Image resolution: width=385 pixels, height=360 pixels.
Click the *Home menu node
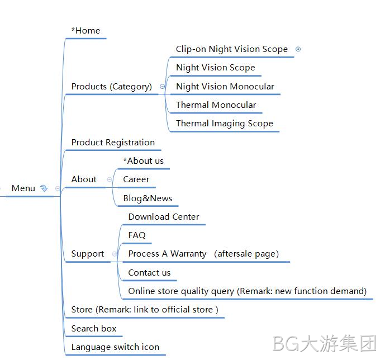(85, 31)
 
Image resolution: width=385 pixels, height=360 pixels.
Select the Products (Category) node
(112, 87)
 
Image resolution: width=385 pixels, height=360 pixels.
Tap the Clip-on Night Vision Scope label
(232, 49)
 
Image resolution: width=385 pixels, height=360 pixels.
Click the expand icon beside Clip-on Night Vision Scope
(298, 49)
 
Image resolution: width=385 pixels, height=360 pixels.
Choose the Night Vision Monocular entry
(225, 87)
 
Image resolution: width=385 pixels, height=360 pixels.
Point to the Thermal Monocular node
(216, 105)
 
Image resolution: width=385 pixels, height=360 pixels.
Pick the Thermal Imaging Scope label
(225, 124)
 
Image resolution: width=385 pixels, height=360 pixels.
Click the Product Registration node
(113, 143)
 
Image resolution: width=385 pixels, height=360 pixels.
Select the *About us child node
(144, 161)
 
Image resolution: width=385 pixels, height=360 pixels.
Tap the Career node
(136, 179)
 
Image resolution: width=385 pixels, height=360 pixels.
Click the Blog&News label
(148, 198)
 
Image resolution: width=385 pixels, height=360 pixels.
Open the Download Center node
(164, 216)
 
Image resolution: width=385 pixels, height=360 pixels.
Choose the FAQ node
(137, 235)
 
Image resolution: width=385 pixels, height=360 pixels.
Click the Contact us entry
(149, 273)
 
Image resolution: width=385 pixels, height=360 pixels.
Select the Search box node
(94, 329)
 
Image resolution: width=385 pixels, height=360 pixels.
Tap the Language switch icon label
(115, 347)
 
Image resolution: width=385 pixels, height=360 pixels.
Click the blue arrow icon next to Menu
(44, 188)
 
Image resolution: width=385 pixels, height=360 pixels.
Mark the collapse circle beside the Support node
(115, 254)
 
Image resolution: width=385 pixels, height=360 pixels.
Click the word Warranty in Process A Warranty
(188, 254)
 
